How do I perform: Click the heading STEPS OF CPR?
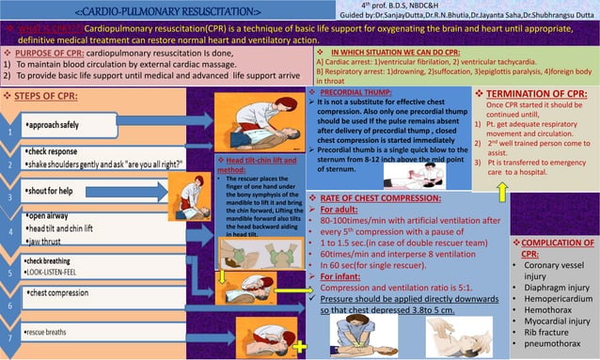click(x=48, y=97)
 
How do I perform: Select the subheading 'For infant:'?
click(x=347, y=276)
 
